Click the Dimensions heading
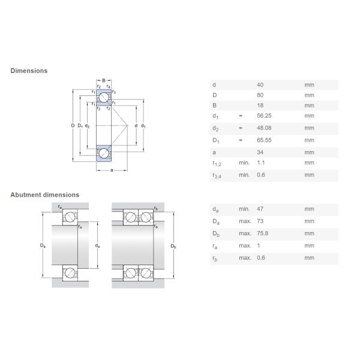(x=29, y=71)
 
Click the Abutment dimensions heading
(x=44, y=195)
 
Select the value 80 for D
(x=260, y=95)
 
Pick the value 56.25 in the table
(x=264, y=116)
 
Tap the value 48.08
(x=264, y=128)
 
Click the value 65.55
(x=264, y=140)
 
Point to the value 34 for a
(x=260, y=152)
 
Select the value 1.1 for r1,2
(x=261, y=163)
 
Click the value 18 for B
(x=260, y=105)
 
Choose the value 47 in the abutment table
(x=260, y=209)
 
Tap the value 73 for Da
(x=260, y=221)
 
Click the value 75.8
(x=263, y=233)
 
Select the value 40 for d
(x=260, y=85)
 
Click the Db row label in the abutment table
(x=215, y=234)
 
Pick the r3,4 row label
(x=217, y=176)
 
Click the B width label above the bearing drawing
(x=103, y=80)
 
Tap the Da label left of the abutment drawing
(x=42, y=245)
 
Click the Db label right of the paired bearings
(x=173, y=246)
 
